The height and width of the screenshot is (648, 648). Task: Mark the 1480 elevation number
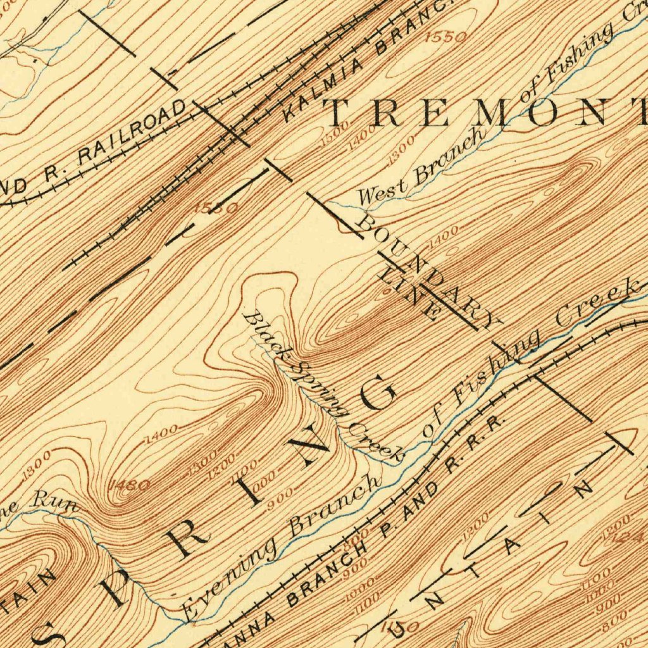[130, 485]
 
